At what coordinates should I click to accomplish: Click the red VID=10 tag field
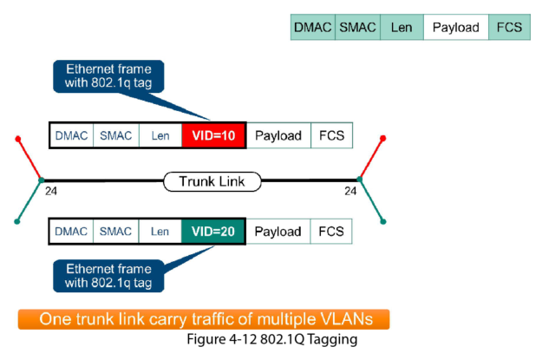pos(213,135)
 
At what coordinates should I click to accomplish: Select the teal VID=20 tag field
pos(213,232)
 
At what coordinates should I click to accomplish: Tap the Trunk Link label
pos(212,181)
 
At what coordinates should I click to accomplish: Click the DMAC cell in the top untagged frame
pos(312,28)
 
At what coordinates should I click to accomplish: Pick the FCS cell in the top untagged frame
pos(509,28)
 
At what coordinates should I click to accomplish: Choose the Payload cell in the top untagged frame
pos(456,28)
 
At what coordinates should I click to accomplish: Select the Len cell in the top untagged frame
pos(402,28)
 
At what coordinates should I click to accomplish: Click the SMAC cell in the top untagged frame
pos(357,28)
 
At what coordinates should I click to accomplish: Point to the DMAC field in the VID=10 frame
pos(72,135)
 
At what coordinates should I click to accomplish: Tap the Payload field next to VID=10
pos(278,135)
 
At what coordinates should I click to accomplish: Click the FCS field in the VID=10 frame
pos(331,135)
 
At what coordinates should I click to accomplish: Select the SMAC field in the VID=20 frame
pos(115,232)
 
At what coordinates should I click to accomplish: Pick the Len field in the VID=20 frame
pos(160,232)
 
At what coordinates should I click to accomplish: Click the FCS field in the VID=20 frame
pos(331,232)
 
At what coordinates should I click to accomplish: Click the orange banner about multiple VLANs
pos(202,318)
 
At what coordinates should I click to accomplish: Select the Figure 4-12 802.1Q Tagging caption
pos(271,339)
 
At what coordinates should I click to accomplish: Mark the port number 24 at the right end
pos(350,190)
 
